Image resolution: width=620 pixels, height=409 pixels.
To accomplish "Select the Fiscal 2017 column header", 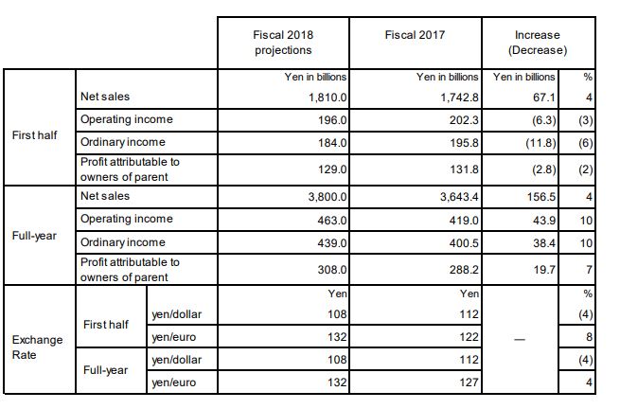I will point(415,36).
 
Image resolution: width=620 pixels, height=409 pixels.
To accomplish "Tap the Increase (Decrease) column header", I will point(538,43).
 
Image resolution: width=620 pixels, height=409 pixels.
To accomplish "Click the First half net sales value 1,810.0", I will point(328,97).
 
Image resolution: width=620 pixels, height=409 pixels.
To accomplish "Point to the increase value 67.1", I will point(541,97).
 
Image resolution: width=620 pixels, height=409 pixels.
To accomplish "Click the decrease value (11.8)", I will point(538,143).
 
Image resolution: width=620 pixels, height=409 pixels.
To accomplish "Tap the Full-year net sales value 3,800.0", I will point(328,197).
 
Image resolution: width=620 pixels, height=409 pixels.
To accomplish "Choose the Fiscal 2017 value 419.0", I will point(465,220).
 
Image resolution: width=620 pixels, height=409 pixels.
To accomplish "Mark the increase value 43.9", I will point(541,220).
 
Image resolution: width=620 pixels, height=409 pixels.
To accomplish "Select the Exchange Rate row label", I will point(37,347).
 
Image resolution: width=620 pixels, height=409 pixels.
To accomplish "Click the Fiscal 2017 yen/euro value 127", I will point(469,382).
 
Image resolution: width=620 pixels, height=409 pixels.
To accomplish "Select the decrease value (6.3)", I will point(540,120).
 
